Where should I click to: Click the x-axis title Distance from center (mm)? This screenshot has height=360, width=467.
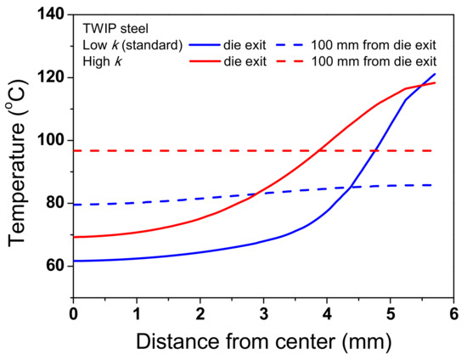coord(263,342)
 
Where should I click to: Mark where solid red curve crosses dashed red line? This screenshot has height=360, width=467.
coord(319,150)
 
